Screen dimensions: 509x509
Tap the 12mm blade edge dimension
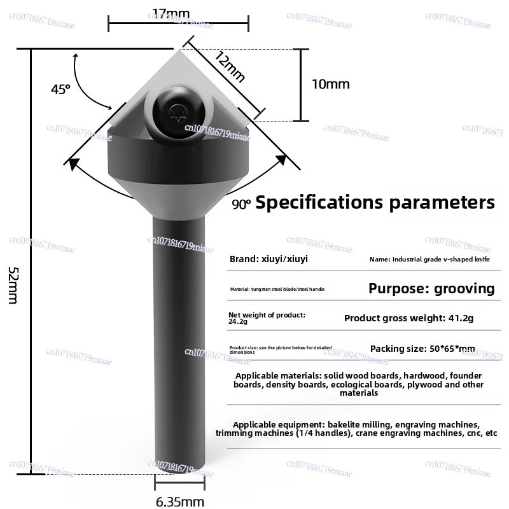[x=229, y=66]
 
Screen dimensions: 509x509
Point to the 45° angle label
[x=60, y=90]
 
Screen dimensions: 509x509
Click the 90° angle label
[x=241, y=204]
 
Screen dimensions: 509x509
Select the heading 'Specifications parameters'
[x=375, y=203]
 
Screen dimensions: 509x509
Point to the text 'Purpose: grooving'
[x=431, y=288]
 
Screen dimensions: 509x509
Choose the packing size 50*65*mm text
[x=422, y=349]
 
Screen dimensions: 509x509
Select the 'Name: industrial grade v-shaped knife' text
[x=430, y=260]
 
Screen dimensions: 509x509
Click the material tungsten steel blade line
[x=277, y=289]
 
